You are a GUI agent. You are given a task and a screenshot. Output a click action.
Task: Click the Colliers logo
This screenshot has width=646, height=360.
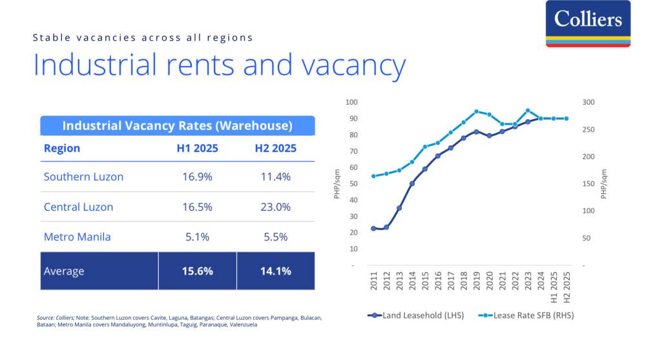point(587,23)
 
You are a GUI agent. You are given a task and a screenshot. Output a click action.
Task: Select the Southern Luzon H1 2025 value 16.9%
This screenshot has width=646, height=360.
point(197,176)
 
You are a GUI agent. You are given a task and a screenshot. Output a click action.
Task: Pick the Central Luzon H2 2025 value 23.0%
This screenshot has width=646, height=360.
point(275,207)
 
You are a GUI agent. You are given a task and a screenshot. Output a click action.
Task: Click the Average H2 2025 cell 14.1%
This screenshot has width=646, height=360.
point(275,271)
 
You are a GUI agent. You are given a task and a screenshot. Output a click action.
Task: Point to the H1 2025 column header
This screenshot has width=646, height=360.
point(197,148)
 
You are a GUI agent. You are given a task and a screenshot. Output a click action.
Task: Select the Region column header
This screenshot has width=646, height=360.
point(62,148)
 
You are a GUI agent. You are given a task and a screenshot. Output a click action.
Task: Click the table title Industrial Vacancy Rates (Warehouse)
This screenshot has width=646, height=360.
point(177,125)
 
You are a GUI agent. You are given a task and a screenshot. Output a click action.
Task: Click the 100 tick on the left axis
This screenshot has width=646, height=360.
point(351,102)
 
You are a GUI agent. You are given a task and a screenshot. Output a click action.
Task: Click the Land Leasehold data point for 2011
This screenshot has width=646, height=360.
point(373,228)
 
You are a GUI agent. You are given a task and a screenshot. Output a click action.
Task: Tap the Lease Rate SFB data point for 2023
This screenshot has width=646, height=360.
point(528,111)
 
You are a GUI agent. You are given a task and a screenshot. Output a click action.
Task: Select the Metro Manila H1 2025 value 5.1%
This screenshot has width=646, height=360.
point(197,237)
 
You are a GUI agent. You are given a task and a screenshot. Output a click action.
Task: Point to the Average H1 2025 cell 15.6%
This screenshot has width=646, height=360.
point(197,271)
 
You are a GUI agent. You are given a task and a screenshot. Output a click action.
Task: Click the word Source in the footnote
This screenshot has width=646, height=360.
point(45,317)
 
